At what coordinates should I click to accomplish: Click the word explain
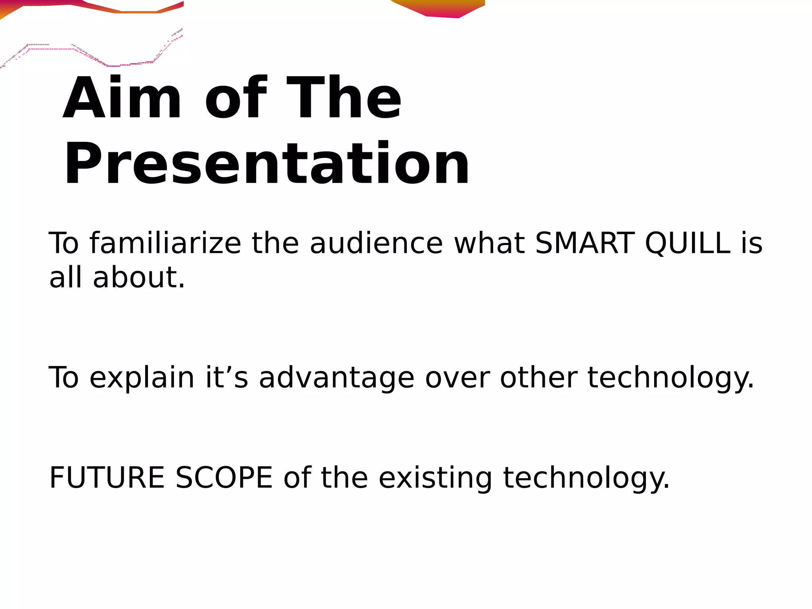tap(142, 377)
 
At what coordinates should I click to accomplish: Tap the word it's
tap(226, 377)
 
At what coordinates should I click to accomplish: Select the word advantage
tap(337, 377)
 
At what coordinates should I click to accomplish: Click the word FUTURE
tap(107, 477)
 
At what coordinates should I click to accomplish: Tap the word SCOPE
tap(224, 477)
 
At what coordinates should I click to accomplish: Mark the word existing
tap(435, 477)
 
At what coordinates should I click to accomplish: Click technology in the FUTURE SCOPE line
tap(586, 477)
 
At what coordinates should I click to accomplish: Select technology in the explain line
tap(670, 377)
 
